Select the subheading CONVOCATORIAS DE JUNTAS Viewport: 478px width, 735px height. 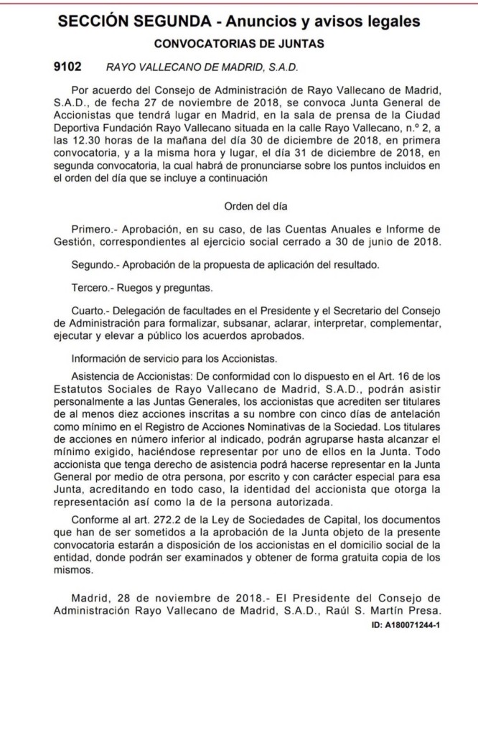tap(239, 44)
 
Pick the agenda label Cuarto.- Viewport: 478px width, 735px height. tap(93, 311)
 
